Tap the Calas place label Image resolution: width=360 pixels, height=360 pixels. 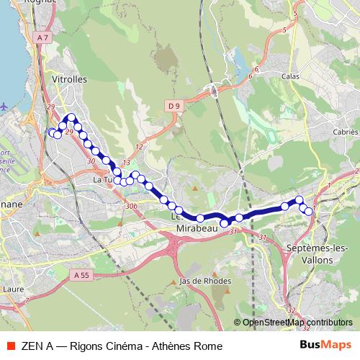(290, 76)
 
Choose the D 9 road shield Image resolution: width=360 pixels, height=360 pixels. (173, 107)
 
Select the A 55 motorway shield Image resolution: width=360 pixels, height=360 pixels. (83, 274)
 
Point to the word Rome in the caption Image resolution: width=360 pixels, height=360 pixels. (209, 346)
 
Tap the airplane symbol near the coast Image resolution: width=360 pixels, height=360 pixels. (5, 105)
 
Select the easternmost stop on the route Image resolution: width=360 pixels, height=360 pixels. (310, 211)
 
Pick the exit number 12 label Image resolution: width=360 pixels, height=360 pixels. (138, 147)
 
